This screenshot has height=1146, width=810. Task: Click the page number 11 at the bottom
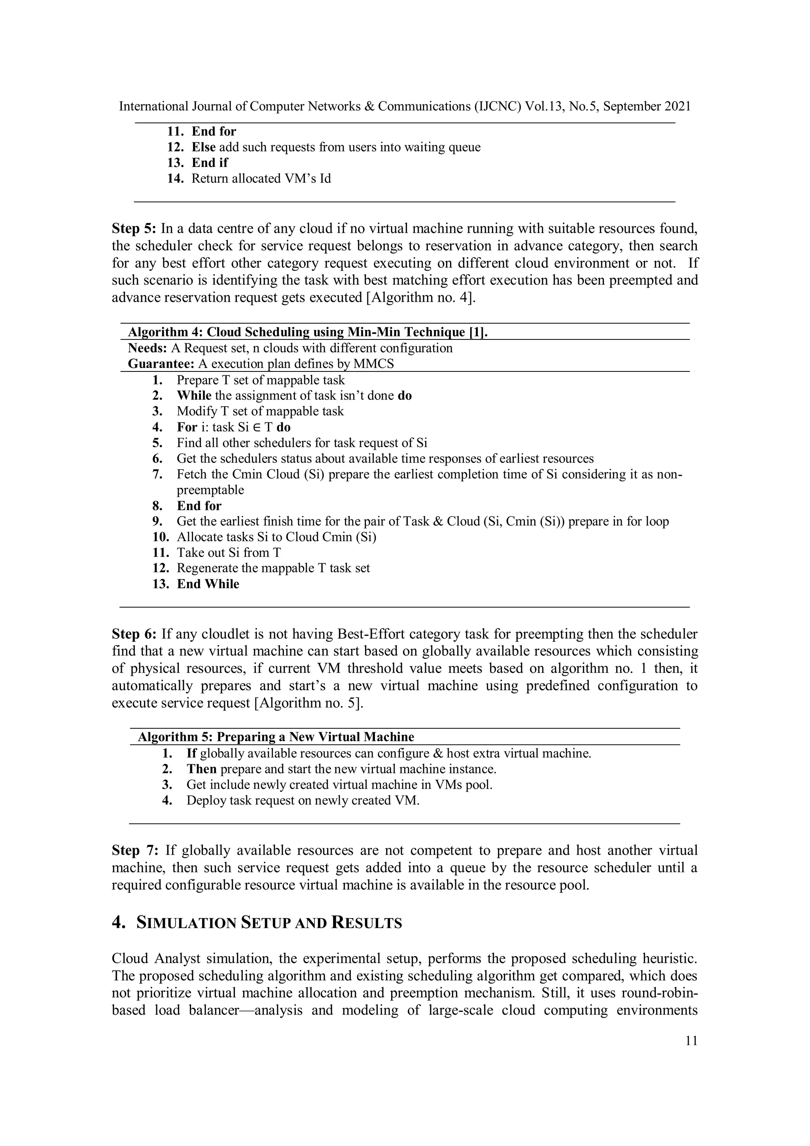coord(691,1041)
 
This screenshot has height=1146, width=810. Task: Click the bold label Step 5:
coord(134,229)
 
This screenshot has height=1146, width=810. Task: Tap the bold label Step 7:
coord(134,850)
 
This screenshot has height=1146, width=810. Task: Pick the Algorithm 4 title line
coord(307,332)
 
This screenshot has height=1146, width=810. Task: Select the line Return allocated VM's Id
coord(261,179)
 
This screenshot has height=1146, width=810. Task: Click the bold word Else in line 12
coord(203,147)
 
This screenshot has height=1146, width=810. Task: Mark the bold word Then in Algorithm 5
coord(201,769)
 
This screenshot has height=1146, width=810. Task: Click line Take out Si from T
coord(229,553)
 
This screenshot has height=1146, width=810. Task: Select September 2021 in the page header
coord(647,106)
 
